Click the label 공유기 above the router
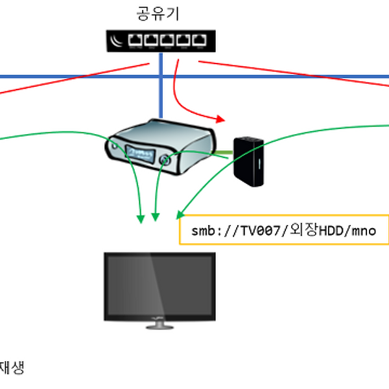pyautogui.click(x=158, y=14)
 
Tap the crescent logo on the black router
pyautogui.click(x=116, y=41)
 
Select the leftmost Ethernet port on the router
pyautogui.click(x=135, y=40)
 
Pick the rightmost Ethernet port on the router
pyautogui.click(x=200, y=40)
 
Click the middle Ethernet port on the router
pyautogui.click(x=167, y=40)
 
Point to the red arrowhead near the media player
pyautogui.click(x=220, y=119)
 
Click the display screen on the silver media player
pyautogui.click(x=141, y=154)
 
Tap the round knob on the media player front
pyautogui.click(x=165, y=159)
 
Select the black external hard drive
pyautogui.click(x=248, y=161)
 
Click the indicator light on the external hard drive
pyautogui.click(x=259, y=164)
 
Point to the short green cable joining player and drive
pyautogui.click(x=222, y=152)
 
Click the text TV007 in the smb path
pyautogui.click(x=261, y=231)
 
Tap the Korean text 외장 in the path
pyautogui.click(x=303, y=230)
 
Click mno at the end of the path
pyautogui.click(x=364, y=231)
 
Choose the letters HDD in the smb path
pyautogui.click(x=331, y=231)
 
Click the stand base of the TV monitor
pyautogui.click(x=159, y=327)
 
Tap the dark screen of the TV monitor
pyautogui.click(x=159, y=286)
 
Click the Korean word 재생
pyautogui.click(x=12, y=368)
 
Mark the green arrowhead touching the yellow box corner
pyautogui.click(x=180, y=215)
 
